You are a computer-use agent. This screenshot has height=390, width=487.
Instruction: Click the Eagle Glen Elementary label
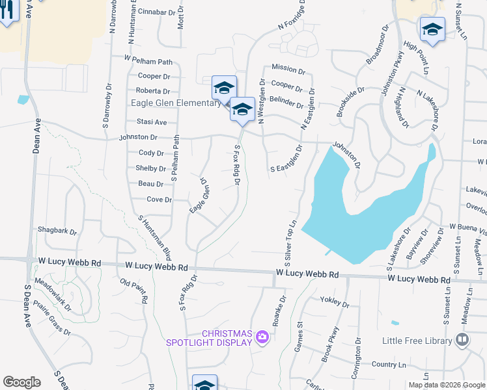(x=176, y=103)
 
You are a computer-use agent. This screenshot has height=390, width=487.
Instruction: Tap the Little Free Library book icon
(x=462, y=340)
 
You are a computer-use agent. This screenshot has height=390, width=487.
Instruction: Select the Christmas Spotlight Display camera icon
(x=262, y=336)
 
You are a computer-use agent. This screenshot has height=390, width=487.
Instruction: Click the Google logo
(x=21, y=382)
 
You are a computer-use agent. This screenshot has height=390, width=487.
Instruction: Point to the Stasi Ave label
(x=152, y=122)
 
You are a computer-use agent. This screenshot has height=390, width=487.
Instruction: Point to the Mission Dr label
(x=284, y=68)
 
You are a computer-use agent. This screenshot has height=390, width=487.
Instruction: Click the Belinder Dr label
(x=287, y=104)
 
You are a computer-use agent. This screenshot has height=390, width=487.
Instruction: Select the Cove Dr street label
(x=159, y=200)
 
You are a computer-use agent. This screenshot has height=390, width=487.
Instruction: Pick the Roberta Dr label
(x=154, y=92)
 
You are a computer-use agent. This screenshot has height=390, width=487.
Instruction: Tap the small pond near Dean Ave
(x=24, y=99)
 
